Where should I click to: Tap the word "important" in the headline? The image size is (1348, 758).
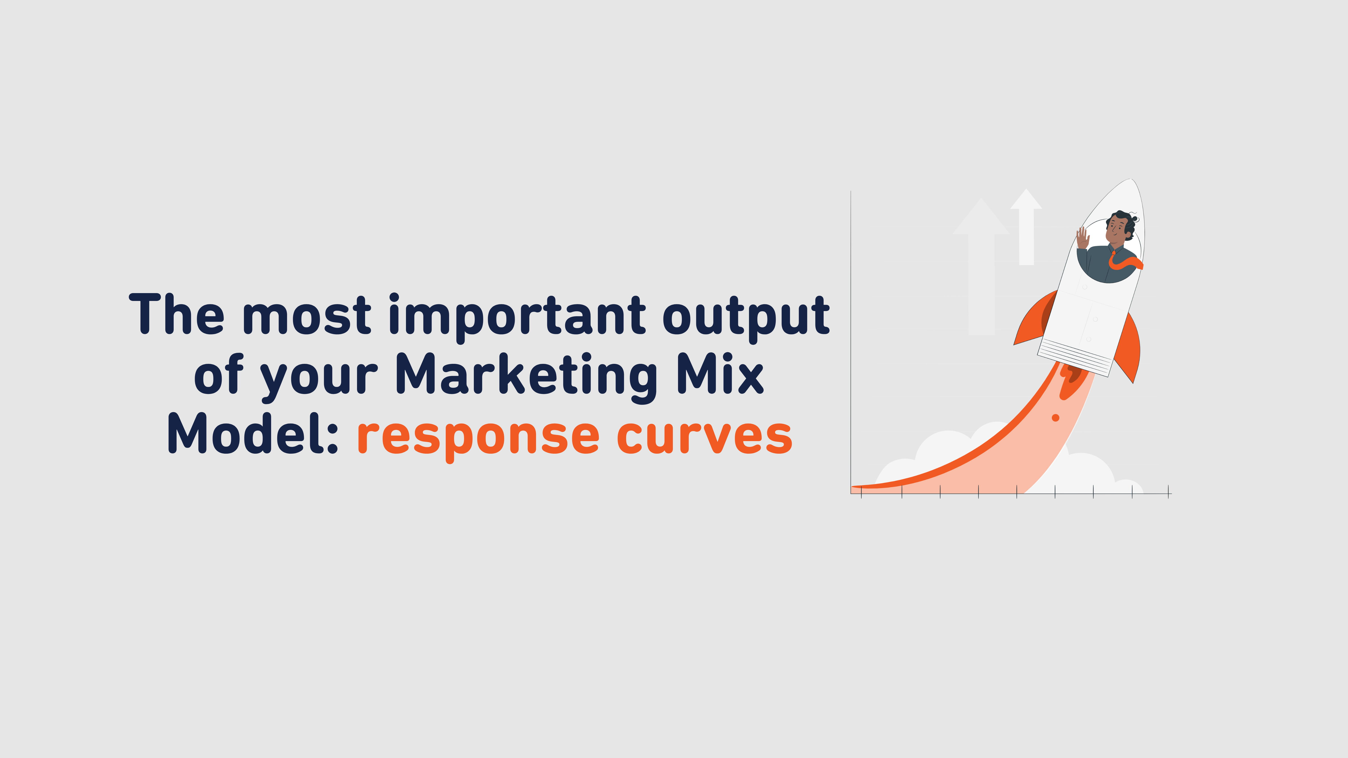coord(517,316)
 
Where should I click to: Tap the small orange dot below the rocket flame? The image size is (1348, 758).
coord(1055,418)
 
